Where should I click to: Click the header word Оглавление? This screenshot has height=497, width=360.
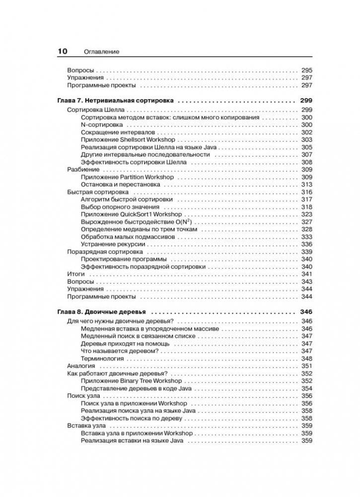click(101, 52)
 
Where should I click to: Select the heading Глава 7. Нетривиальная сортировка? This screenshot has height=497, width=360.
click(116, 100)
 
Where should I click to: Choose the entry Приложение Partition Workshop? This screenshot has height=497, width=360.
click(127, 177)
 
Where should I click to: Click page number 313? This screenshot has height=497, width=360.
click(306, 184)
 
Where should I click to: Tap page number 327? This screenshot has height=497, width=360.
click(306, 222)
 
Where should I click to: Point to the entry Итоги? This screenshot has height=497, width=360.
click(76, 274)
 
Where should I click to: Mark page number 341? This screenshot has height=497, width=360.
click(306, 274)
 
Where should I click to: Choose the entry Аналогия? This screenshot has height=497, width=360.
click(81, 366)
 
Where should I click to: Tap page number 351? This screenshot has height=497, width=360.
click(306, 366)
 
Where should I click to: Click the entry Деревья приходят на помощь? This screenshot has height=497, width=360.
click(125, 344)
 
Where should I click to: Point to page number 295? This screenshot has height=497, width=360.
click(306, 71)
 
